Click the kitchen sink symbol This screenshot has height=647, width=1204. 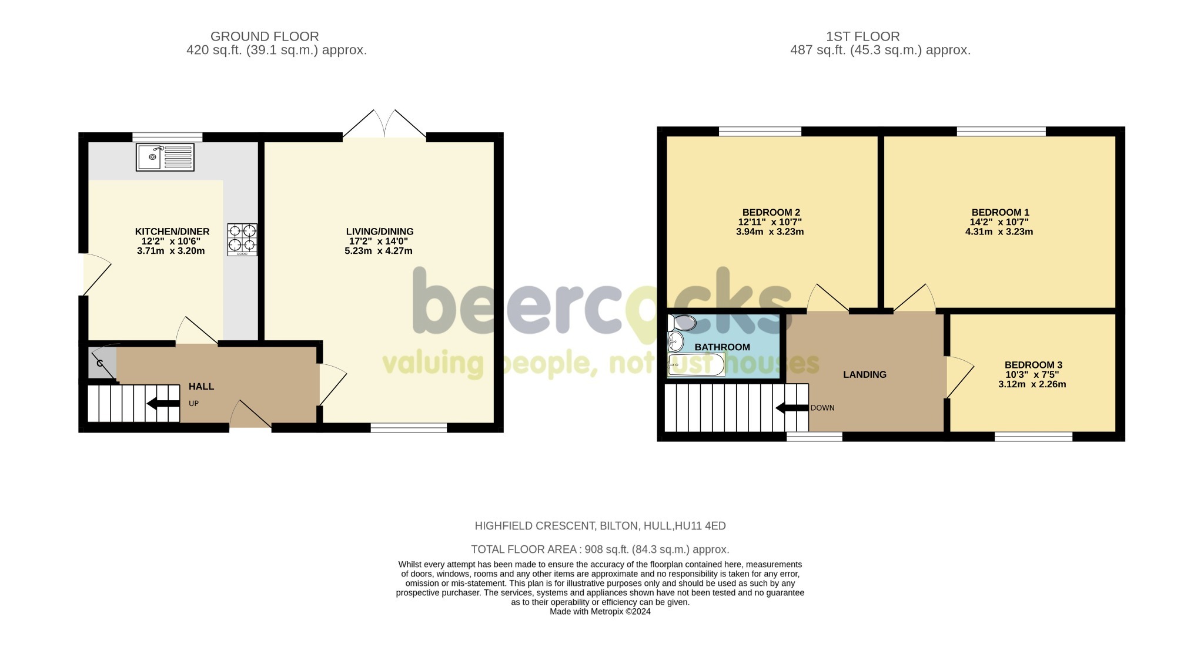[165, 157]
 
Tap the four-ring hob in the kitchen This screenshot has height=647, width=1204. [242, 239]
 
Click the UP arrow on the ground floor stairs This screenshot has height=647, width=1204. [163, 403]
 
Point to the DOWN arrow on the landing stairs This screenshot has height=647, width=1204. [792, 408]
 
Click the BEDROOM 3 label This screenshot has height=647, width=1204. [1033, 365]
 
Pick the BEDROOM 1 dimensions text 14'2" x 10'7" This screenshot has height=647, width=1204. [999, 222]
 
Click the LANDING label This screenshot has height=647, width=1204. [864, 374]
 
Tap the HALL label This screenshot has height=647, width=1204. [201, 387]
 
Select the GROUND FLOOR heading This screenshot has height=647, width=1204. [265, 36]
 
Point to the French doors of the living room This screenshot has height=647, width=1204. [384, 125]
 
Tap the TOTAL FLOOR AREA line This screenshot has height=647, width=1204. [600, 549]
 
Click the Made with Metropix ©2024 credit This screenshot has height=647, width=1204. [600, 611]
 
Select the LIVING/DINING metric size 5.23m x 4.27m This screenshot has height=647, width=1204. [378, 251]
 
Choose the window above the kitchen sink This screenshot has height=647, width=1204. [168, 137]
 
